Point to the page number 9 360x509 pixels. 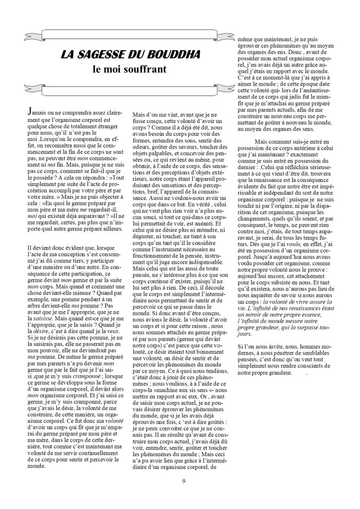[x=184, y=480]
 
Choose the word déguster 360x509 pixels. [x=145, y=224]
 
